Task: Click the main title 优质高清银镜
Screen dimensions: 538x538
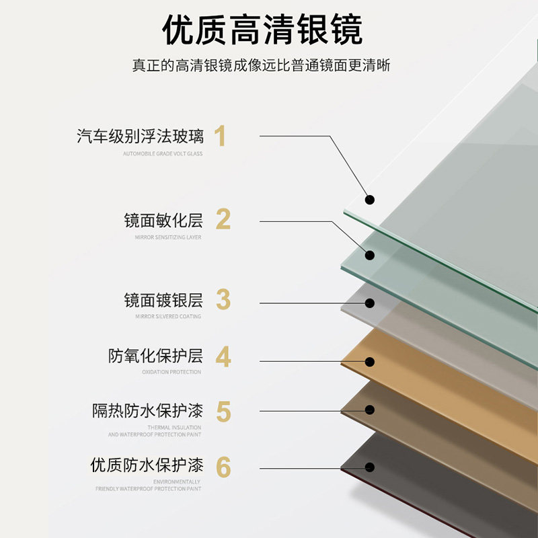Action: [262, 30]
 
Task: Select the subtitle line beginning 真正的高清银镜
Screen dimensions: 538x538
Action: [262, 66]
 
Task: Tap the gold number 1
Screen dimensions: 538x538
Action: [220, 137]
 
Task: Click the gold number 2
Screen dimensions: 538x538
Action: [223, 219]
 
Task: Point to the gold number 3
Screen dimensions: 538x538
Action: [223, 300]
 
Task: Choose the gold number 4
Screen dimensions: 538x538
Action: [223, 356]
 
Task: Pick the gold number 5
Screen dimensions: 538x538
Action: [223, 411]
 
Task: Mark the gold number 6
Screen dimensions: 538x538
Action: [223, 466]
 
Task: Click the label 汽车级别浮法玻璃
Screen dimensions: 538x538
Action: [140, 137]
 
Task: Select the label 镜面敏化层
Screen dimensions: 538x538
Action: [163, 220]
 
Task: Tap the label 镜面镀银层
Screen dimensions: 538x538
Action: [163, 300]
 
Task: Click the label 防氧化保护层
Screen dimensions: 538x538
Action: [155, 356]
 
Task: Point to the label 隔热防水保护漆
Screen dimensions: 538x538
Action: [147, 411]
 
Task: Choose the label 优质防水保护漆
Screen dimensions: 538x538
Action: [147, 465]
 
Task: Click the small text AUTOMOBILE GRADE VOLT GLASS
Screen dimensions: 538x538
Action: [162, 154]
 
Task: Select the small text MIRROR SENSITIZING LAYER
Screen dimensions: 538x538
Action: [168, 237]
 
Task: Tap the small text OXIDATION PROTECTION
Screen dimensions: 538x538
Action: [171, 372]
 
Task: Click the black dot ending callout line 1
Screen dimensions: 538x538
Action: [369, 200]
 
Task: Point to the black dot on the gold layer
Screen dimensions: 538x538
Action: [369, 361]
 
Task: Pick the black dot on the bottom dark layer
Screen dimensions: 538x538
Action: [369, 468]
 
